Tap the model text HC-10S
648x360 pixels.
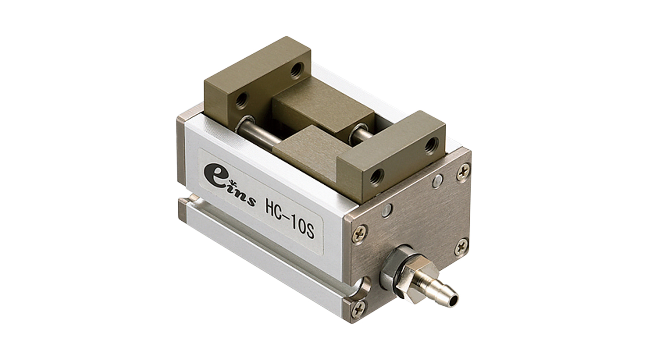pyautogui.click(x=290, y=220)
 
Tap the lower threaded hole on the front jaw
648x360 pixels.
pyautogui.click(x=377, y=176)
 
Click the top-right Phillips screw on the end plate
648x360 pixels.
pyautogui.click(x=463, y=172)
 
